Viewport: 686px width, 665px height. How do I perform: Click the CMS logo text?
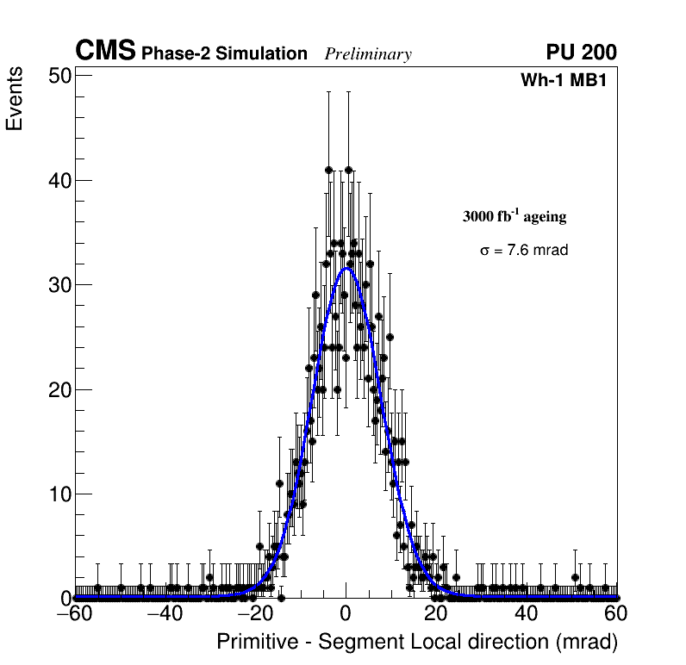(105, 52)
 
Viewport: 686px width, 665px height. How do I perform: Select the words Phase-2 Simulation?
(224, 53)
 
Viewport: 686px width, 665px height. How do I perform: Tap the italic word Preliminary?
(368, 54)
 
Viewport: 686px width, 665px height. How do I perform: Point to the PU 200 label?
(581, 53)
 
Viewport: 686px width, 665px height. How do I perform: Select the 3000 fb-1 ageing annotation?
(514, 216)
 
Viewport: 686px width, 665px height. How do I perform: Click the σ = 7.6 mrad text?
(524, 251)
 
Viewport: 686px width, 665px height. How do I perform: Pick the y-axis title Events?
(15, 100)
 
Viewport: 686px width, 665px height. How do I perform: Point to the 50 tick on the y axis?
(58, 76)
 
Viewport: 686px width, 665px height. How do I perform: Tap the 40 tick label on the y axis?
(58, 180)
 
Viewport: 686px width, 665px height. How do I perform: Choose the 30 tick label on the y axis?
(58, 285)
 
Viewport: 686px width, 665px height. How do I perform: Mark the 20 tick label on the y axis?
(58, 389)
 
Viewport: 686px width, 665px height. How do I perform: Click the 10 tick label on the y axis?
(58, 494)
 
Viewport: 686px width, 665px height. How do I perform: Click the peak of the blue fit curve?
(346, 268)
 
